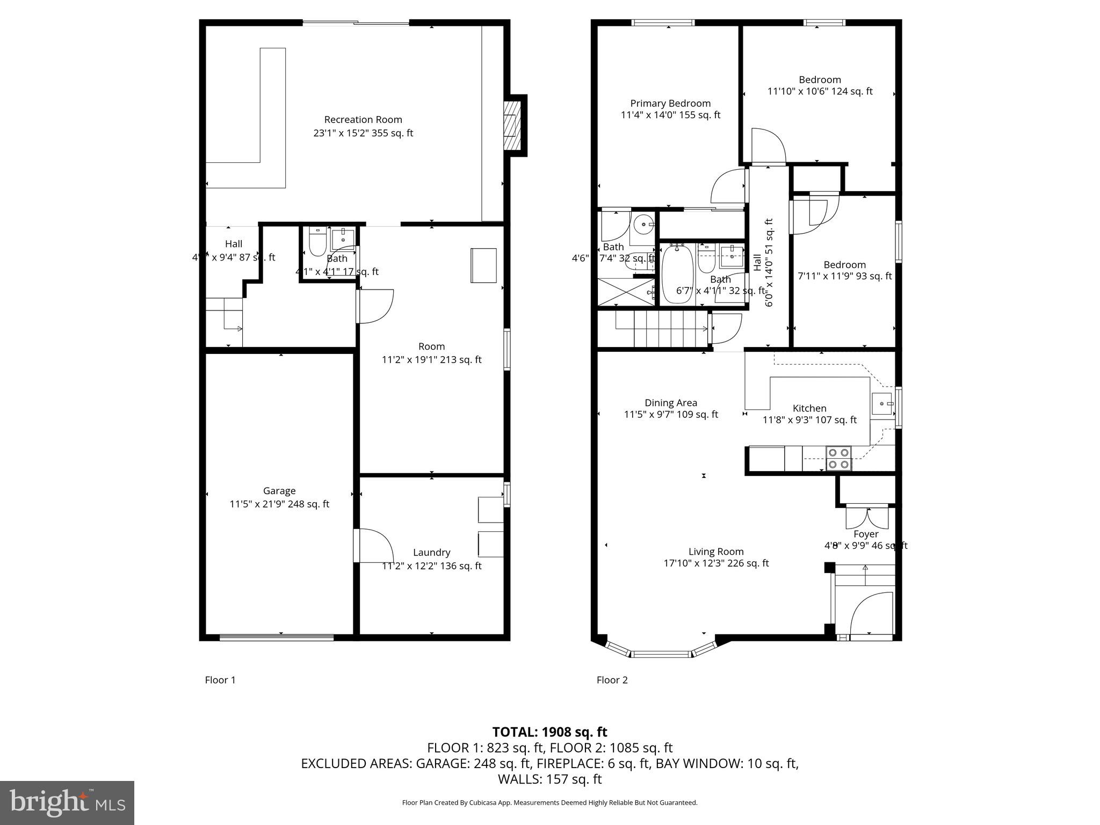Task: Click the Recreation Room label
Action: [363, 120]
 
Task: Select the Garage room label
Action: [279, 491]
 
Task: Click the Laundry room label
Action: [431, 552]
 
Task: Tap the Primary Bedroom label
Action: [670, 103]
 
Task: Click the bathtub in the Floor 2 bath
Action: [677, 274]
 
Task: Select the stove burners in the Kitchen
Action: [838, 458]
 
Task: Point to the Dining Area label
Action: [671, 403]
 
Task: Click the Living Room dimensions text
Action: [716, 563]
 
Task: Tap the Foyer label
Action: [865, 534]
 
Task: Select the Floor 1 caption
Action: [220, 680]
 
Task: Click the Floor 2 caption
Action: [612, 680]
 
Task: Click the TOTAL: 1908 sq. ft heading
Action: [549, 732]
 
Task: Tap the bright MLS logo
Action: [67, 802]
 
